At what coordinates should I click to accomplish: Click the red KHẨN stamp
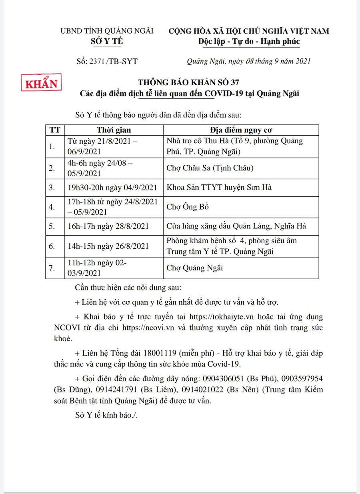coord(41,84)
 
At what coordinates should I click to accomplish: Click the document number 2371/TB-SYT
coord(106,61)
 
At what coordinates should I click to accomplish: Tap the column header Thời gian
coord(114,130)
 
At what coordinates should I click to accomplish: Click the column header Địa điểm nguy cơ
coord(241,130)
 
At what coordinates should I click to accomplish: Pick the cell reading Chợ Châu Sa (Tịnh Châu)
coord(210,168)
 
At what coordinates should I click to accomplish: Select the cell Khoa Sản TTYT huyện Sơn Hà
coord(219,187)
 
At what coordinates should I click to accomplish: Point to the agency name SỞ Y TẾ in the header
coord(107,41)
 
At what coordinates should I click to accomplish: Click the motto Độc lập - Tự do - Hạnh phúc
coord(249,41)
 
